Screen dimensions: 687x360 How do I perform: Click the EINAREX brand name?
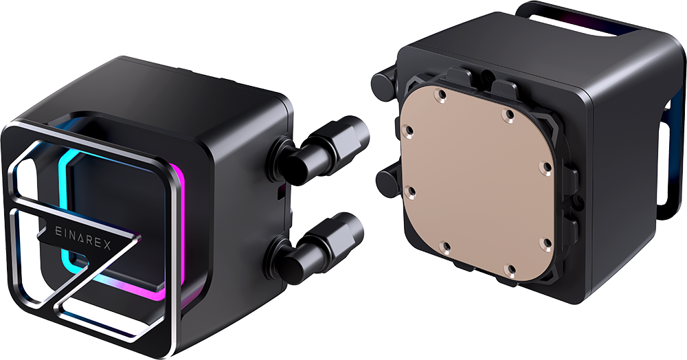click(x=83, y=236)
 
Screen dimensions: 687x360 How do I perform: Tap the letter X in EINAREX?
click(x=107, y=245)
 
